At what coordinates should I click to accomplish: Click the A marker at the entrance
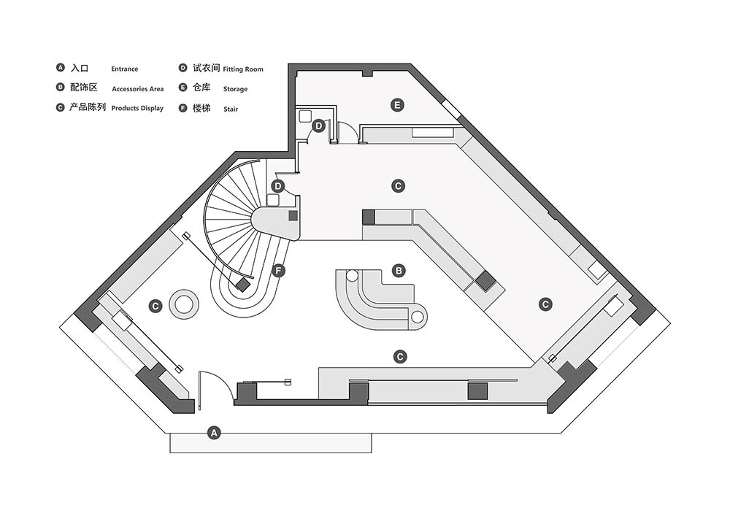point(214,433)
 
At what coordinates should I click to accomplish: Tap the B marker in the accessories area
point(399,270)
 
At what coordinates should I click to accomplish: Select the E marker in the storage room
point(397,105)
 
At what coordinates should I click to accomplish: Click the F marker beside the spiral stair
point(278,270)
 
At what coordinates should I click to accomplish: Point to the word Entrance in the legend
point(124,69)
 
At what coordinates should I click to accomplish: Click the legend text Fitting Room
point(243,69)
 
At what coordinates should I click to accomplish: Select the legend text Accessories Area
point(138,89)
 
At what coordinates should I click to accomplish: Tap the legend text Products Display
point(137,108)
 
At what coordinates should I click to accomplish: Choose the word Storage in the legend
point(235,89)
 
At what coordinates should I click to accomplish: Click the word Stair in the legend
point(231,109)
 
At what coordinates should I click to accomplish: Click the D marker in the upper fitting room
point(318,126)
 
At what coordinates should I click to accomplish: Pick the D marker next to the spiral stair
point(278,186)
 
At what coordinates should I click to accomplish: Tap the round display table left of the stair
point(183,304)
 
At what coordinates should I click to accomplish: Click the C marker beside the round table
point(155,306)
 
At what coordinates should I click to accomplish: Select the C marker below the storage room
point(398,186)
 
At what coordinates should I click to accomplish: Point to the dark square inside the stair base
point(243,284)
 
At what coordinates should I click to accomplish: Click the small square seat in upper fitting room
point(305,115)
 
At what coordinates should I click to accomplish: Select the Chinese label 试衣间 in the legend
point(207,68)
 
